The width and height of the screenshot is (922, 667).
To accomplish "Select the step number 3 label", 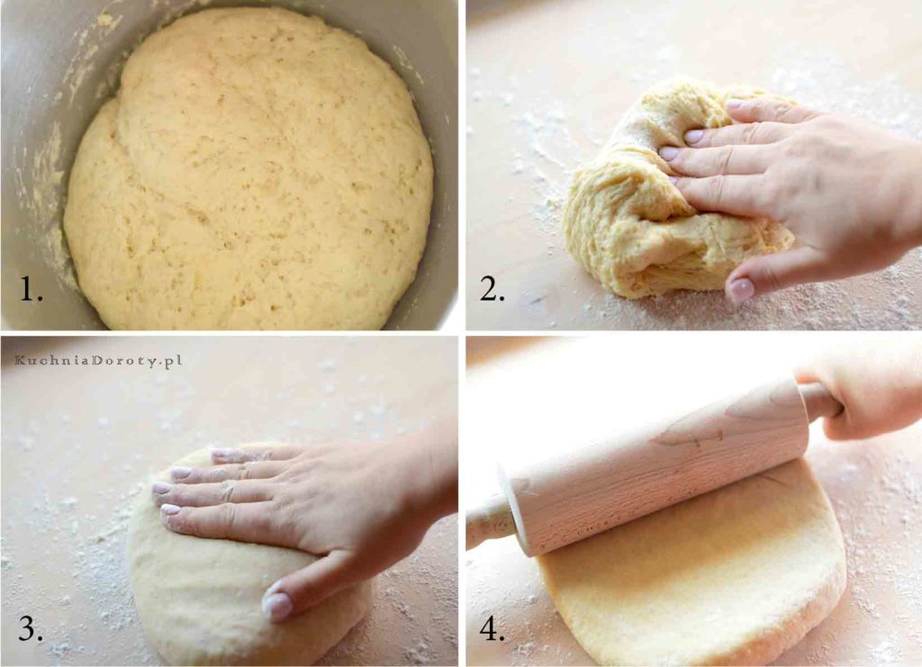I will click(30, 628).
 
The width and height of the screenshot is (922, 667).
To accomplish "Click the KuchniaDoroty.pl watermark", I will click(97, 360).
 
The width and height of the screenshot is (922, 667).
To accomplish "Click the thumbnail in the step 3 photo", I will click(276, 604).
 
